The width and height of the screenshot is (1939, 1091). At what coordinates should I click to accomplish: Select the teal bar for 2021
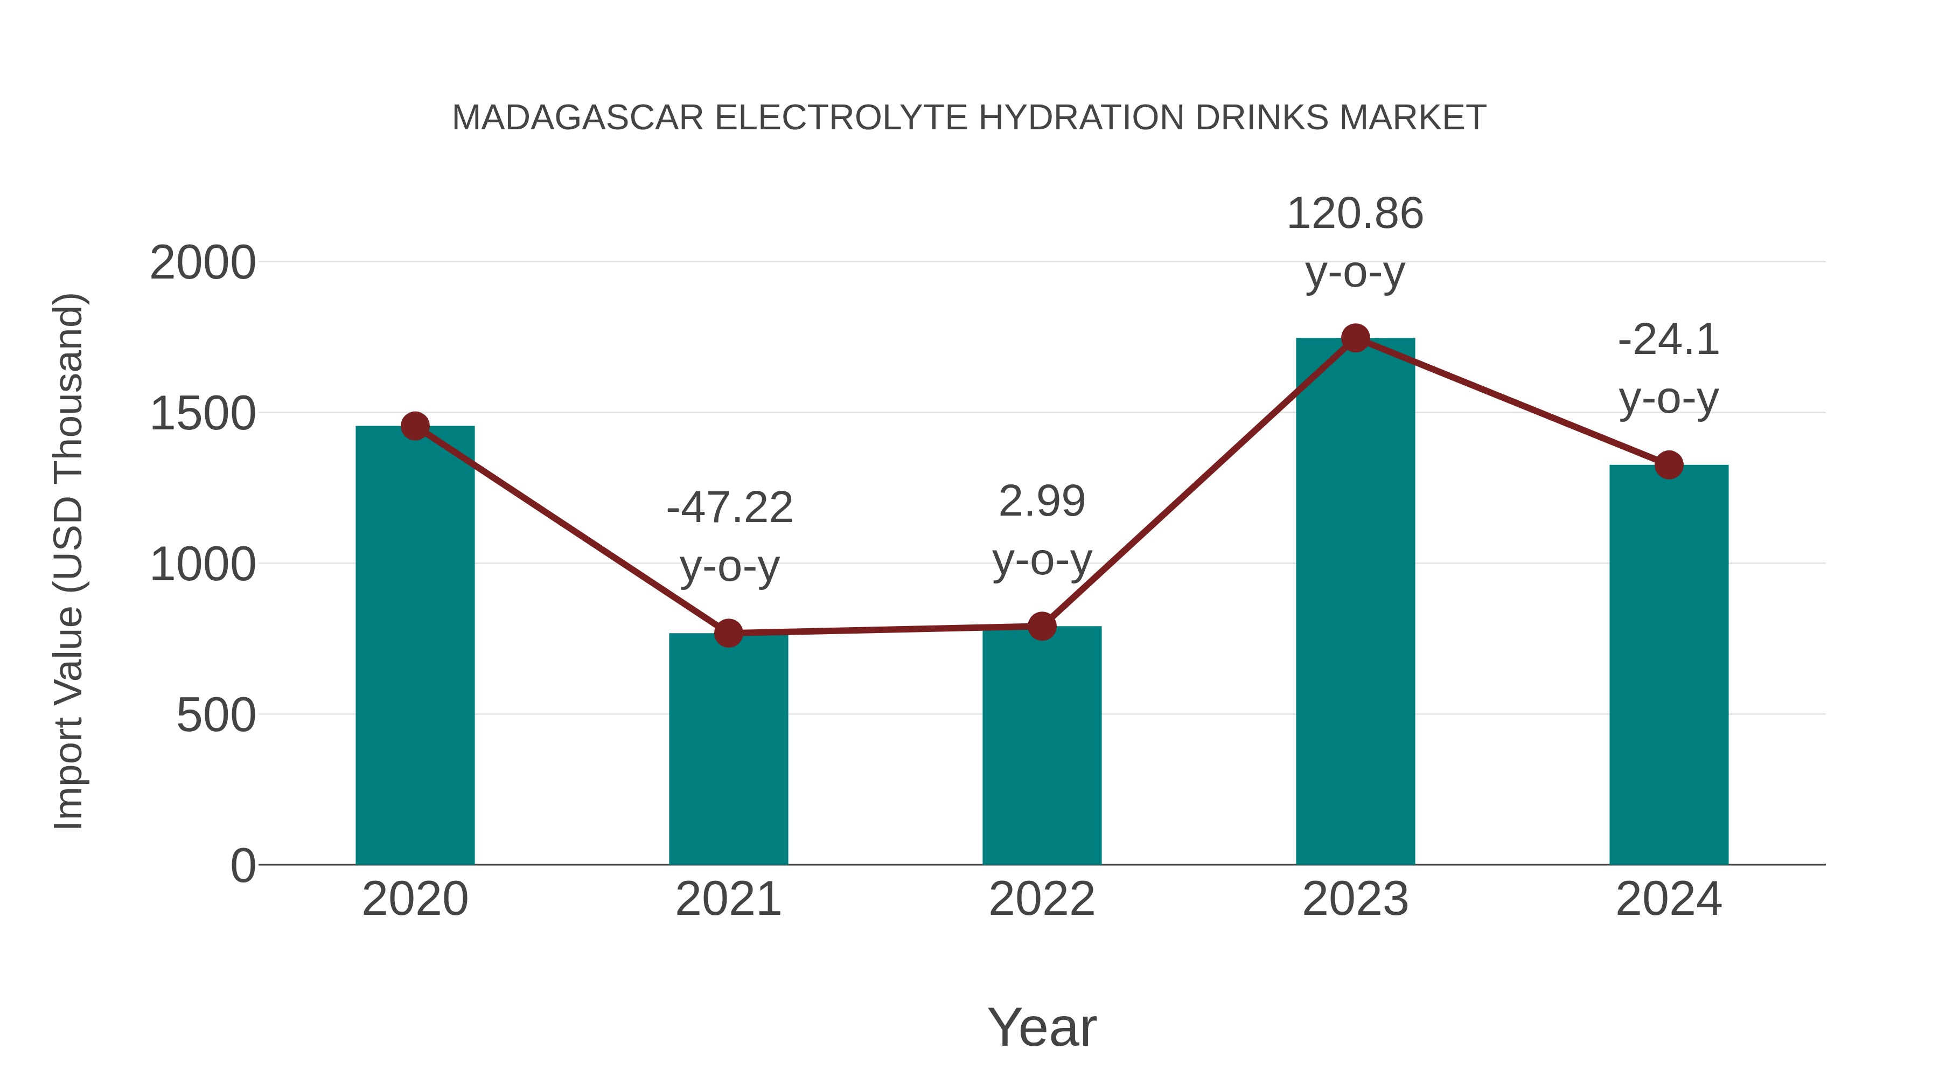pyautogui.click(x=728, y=753)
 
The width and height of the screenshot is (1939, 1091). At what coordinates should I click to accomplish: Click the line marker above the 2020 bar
pyautogui.click(x=415, y=426)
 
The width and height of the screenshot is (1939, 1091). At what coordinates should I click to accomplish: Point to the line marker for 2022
pyautogui.click(x=1042, y=626)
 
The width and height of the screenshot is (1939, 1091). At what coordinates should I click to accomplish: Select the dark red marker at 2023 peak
pyautogui.click(x=1355, y=338)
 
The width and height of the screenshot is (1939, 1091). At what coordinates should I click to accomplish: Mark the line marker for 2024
pyautogui.click(x=1669, y=465)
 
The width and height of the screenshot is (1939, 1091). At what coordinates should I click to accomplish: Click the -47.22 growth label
pyautogui.click(x=729, y=508)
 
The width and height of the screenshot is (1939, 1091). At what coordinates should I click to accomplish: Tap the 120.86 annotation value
pyautogui.click(x=1355, y=214)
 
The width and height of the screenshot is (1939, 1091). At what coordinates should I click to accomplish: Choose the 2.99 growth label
pyautogui.click(x=1042, y=502)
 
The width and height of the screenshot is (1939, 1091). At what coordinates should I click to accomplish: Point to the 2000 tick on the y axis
pyautogui.click(x=203, y=263)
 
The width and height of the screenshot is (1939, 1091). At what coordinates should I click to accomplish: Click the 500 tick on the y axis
pyautogui.click(x=216, y=715)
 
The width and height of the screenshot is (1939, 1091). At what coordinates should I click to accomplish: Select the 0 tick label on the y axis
pyautogui.click(x=243, y=866)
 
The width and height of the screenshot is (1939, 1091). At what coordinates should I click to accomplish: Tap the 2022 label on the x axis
pyautogui.click(x=1042, y=899)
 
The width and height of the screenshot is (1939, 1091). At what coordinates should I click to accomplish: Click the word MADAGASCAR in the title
pyautogui.click(x=577, y=118)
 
